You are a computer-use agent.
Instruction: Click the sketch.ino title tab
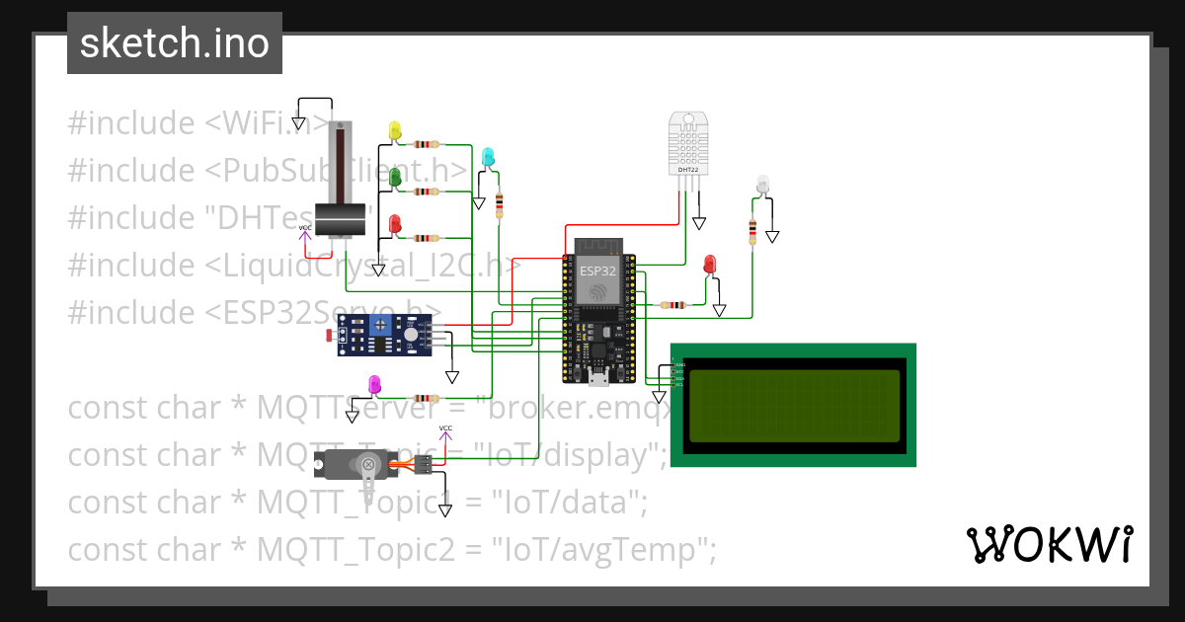click(x=175, y=43)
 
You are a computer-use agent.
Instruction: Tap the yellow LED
click(x=395, y=130)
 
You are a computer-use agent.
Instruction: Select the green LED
click(x=395, y=177)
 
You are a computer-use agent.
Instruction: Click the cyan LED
click(x=488, y=156)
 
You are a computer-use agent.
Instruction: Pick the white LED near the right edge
click(x=762, y=184)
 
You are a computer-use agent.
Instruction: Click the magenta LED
click(x=374, y=383)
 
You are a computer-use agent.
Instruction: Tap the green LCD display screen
click(x=794, y=406)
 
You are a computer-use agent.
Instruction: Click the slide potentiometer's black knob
click(x=341, y=219)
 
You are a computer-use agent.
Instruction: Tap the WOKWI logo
click(x=1049, y=544)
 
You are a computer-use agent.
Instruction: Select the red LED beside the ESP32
click(x=709, y=264)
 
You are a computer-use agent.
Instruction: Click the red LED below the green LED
click(x=395, y=224)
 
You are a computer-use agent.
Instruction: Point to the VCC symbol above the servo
click(x=445, y=431)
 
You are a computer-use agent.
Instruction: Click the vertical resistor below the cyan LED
click(x=500, y=205)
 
